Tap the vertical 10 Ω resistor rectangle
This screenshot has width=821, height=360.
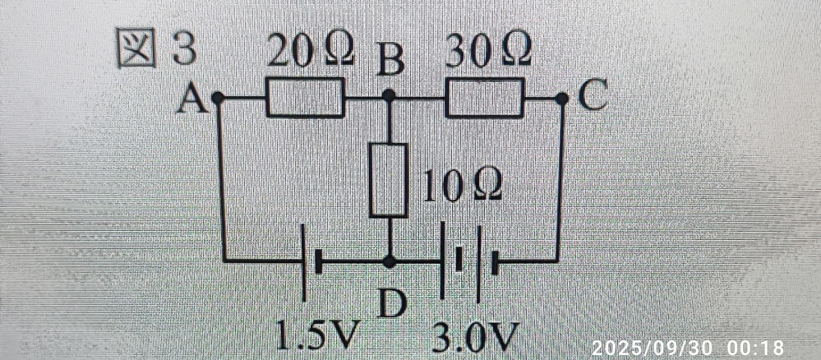389,180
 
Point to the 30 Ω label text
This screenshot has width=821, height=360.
487,53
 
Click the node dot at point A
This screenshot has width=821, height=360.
217,98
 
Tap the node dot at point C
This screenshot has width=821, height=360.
561,98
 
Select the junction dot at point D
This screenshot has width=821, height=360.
389,262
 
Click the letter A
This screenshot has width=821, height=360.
193,99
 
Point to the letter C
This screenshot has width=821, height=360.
592,98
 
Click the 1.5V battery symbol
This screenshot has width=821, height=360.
311,262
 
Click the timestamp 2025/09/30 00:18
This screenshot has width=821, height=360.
687,348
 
